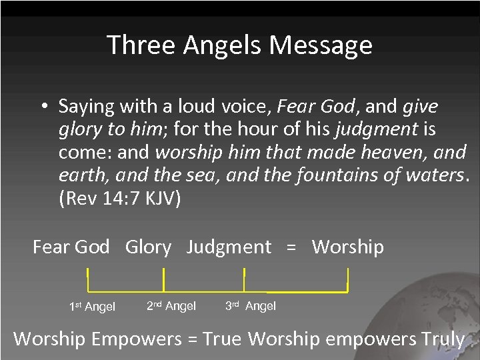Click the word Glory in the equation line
tap(148, 247)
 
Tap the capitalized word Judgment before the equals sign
tap(229, 247)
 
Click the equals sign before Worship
tap(291, 247)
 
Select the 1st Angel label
tap(92, 307)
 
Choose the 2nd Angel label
tap(171, 306)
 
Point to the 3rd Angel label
tap(250, 306)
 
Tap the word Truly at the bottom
tap(443, 339)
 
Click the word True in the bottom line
tap(222, 339)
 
